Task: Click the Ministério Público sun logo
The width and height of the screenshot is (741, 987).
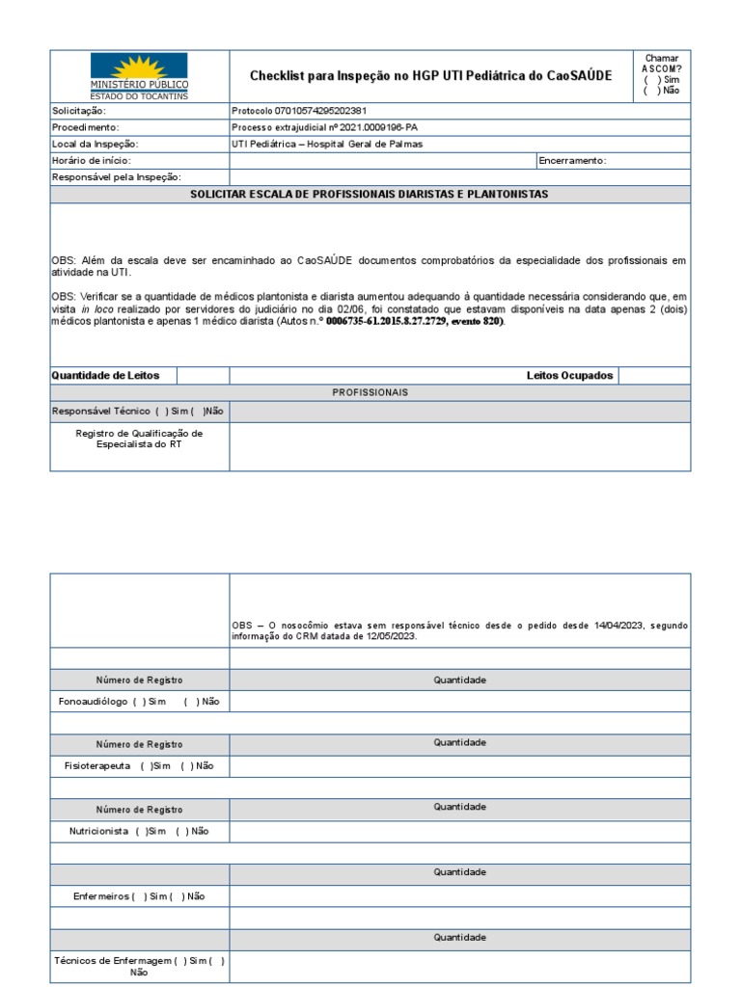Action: tap(139, 69)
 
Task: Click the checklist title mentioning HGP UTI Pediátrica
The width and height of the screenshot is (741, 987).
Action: tap(430, 75)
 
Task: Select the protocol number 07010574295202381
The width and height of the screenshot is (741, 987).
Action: tap(299, 111)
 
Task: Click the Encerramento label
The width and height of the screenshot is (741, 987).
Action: tap(573, 160)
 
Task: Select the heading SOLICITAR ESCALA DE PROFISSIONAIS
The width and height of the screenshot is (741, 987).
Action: tap(370, 195)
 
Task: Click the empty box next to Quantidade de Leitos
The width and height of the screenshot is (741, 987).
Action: tap(203, 375)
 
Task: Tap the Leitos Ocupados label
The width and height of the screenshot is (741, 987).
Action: tap(569, 375)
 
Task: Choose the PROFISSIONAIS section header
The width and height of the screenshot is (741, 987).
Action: tap(370, 392)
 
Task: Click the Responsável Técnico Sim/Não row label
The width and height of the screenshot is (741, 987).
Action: tap(137, 411)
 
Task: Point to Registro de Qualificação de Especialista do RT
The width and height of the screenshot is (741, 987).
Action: tap(139, 440)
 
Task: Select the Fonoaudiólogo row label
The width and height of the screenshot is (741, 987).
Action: tap(139, 702)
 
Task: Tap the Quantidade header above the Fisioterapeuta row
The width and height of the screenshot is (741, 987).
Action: tap(459, 743)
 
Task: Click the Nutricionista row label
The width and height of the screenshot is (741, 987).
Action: tap(139, 831)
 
